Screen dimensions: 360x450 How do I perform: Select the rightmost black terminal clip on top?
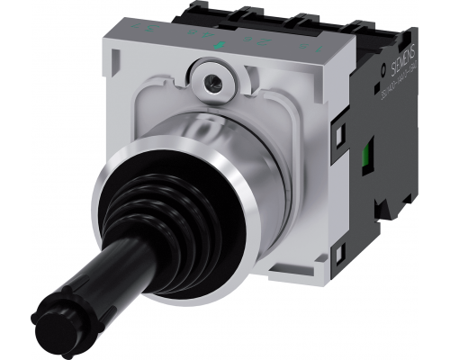[x=373, y=28]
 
